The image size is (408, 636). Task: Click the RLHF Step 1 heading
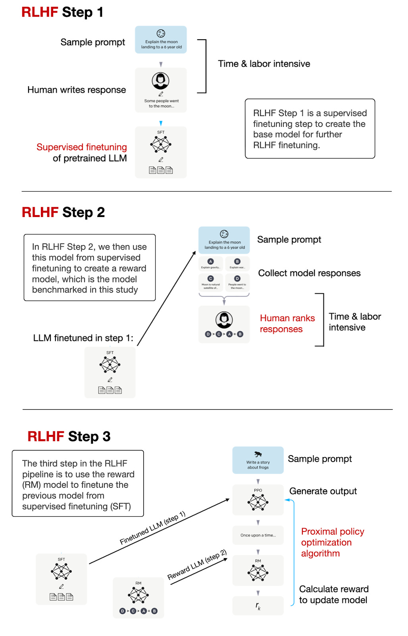click(x=62, y=12)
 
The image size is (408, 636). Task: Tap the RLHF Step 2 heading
click(x=63, y=212)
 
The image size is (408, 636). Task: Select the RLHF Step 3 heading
click(x=69, y=436)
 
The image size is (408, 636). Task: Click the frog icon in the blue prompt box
click(x=258, y=454)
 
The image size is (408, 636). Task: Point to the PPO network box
click(x=258, y=500)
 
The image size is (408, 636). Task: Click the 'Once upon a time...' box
click(x=258, y=535)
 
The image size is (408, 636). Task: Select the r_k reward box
click(x=258, y=606)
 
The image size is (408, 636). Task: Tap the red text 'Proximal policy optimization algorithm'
click(x=332, y=542)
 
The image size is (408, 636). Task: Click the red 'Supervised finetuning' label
click(x=82, y=147)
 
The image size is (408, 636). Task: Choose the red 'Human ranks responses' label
click(x=287, y=324)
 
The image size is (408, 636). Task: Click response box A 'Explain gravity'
click(x=211, y=264)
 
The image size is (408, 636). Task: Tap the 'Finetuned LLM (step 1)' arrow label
click(x=153, y=528)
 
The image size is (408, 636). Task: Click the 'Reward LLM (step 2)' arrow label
click(x=197, y=564)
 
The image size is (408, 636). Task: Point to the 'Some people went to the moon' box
click(x=161, y=90)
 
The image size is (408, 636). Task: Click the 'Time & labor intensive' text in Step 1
click(x=264, y=64)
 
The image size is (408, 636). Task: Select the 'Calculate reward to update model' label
click(x=333, y=595)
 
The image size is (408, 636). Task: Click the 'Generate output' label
click(x=323, y=491)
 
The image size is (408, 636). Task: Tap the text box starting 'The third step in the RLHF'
click(x=78, y=483)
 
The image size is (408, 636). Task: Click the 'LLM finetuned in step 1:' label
click(x=83, y=338)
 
